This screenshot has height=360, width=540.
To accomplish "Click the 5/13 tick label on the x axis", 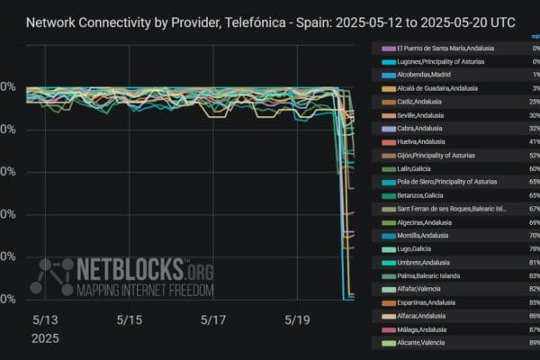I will tap(45, 319).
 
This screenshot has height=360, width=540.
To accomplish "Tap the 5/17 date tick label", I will tap(213, 319).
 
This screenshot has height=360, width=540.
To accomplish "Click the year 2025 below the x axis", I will tap(46, 338).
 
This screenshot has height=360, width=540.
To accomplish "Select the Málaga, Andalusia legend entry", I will tap(422, 329).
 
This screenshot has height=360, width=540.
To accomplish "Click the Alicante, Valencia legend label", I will tap(421, 343).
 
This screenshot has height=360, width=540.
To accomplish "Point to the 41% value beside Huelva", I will tap(534, 141).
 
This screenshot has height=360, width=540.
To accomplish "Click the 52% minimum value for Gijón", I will tap(534, 155).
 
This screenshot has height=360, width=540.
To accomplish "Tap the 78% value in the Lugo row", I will tap(534, 248).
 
